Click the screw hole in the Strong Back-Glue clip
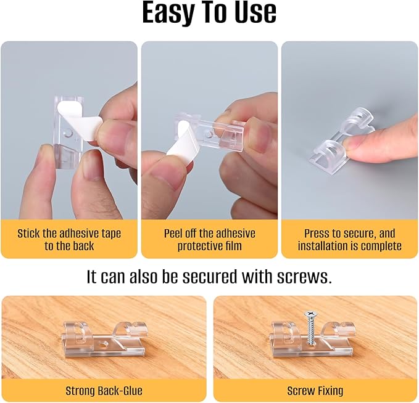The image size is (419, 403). [102, 344]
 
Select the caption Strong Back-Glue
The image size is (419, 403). [104, 391]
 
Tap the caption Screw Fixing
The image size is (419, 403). [315, 391]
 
